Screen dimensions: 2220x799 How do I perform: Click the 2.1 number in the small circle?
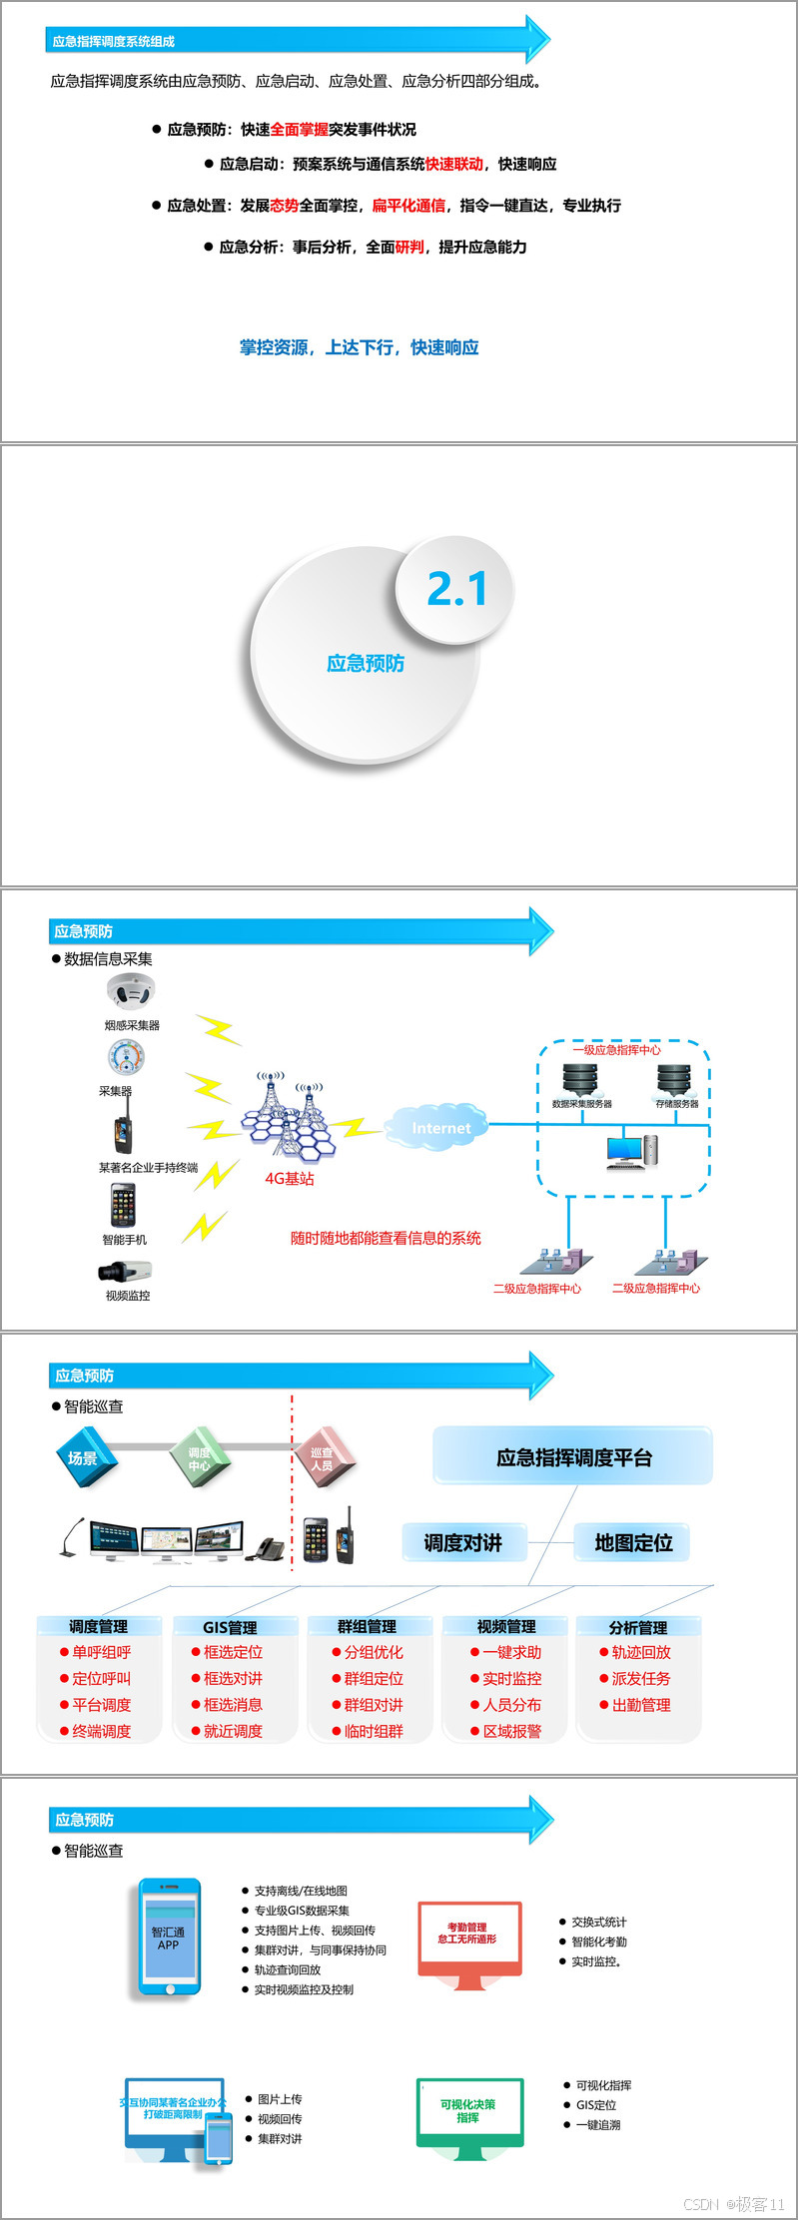[x=456, y=589]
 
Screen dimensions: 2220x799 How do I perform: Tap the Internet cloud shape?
[x=440, y=1128]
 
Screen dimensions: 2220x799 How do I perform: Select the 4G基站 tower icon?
[x=289, y=1123]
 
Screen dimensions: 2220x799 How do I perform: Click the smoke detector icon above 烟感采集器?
[x=131, y=992]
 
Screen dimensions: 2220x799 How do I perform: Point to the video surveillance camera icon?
[x=125, y=1271]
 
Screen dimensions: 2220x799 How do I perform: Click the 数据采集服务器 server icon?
[x=580, y=1079]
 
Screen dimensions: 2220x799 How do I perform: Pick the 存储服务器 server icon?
[x=674, y=1079]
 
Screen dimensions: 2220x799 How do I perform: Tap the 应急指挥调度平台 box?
[x=573, y=1457]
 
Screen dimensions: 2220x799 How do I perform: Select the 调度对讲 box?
[x=462, y=1543]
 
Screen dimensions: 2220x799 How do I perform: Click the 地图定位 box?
[x=633, y=1543]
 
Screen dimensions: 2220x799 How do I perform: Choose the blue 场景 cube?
[x=86, y=1459]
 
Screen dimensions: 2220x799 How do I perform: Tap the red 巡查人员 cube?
[x=323, y=1459]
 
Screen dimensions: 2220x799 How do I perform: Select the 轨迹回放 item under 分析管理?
[x=640, y=1653]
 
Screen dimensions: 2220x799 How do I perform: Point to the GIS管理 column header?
[x=231, y=1627]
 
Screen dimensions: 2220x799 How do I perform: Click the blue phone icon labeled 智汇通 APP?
[x=169, y=1938]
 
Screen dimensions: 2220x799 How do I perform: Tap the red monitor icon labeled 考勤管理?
[x=468, y=1938]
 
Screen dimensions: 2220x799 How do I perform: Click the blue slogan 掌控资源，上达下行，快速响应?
[x=360, y=347]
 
